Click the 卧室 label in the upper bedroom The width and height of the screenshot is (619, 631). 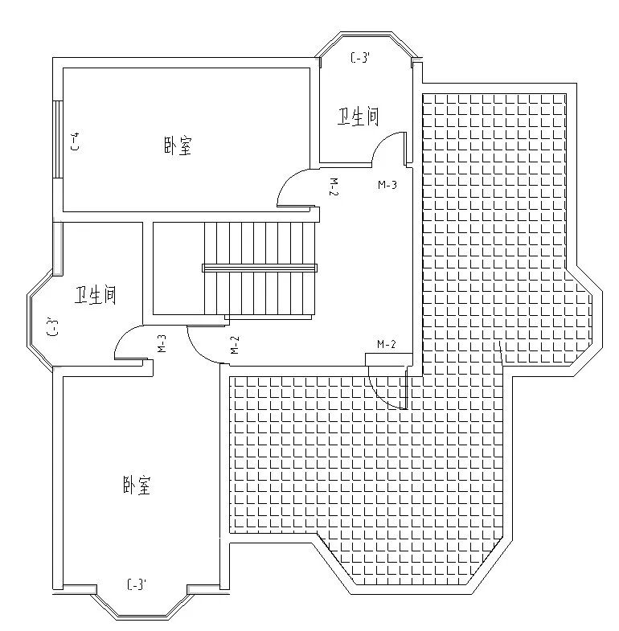[x=178, y=147]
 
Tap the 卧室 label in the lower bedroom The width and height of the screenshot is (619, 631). [x=137, y=486]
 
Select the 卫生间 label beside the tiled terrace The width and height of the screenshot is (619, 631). [x=358, y=117]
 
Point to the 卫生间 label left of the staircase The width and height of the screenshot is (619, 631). [x=96, y=295]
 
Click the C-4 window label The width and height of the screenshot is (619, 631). [x=75, y=142]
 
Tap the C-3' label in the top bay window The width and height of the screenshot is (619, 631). [x=359, y=58]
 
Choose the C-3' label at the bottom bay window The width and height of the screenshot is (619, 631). [x=137, y=584]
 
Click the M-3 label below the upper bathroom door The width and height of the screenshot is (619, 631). [x=387, y=185]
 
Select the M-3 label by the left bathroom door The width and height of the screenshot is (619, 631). [x=162, y=344]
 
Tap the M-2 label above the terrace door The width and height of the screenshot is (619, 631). [x=387, y=345]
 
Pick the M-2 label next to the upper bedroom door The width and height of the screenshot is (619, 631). [x=334, y=186]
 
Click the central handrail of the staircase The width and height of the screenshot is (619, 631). [x=259, y=268]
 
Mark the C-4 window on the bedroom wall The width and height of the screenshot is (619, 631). [x=57, y=141]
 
